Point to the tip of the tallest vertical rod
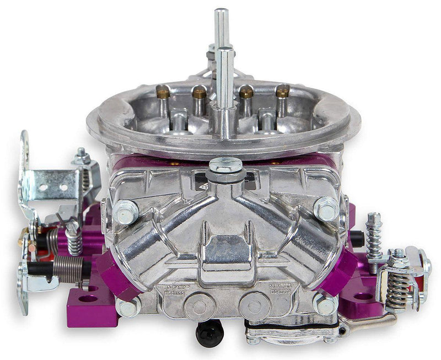point(221,12)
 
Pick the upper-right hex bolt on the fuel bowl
point(325,208)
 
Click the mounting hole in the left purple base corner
point(88,299)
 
